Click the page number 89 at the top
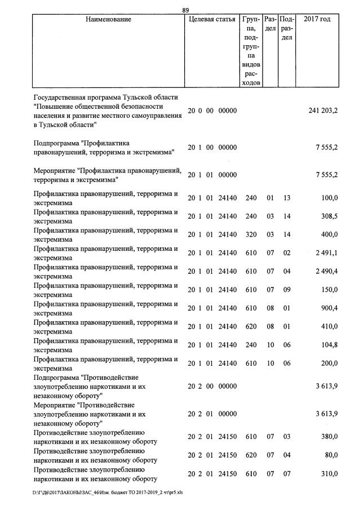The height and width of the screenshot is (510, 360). point(186,10)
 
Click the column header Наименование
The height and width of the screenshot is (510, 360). point(109,19)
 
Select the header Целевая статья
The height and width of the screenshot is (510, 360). point(212,19)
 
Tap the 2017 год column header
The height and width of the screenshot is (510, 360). point(317,19)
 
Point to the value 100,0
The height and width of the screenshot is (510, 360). point(329,198)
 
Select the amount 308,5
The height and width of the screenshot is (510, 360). point(328,216)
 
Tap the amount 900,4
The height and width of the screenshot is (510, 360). point(328,308)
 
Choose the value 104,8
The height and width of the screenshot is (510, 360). point(328,345)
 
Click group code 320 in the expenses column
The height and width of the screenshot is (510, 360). point(251,234)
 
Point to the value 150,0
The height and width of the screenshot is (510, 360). point(329,290)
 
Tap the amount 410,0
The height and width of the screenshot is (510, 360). point(329,326)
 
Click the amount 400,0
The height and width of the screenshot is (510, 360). point(329,234)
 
